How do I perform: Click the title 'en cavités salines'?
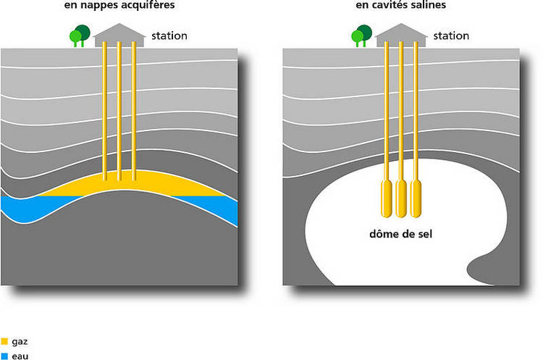tap(400, 5)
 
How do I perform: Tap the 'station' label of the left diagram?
tap(169, 35)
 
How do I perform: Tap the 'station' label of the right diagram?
tap(450, 35)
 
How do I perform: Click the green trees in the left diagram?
tap(79, 35)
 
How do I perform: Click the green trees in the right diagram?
tap(361, 35)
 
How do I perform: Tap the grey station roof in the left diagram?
tap(119, 33)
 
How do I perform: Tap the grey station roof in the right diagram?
tap(400, 33)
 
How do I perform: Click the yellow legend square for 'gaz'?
tap(4, 340)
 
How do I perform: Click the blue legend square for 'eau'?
tap(4, 355)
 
